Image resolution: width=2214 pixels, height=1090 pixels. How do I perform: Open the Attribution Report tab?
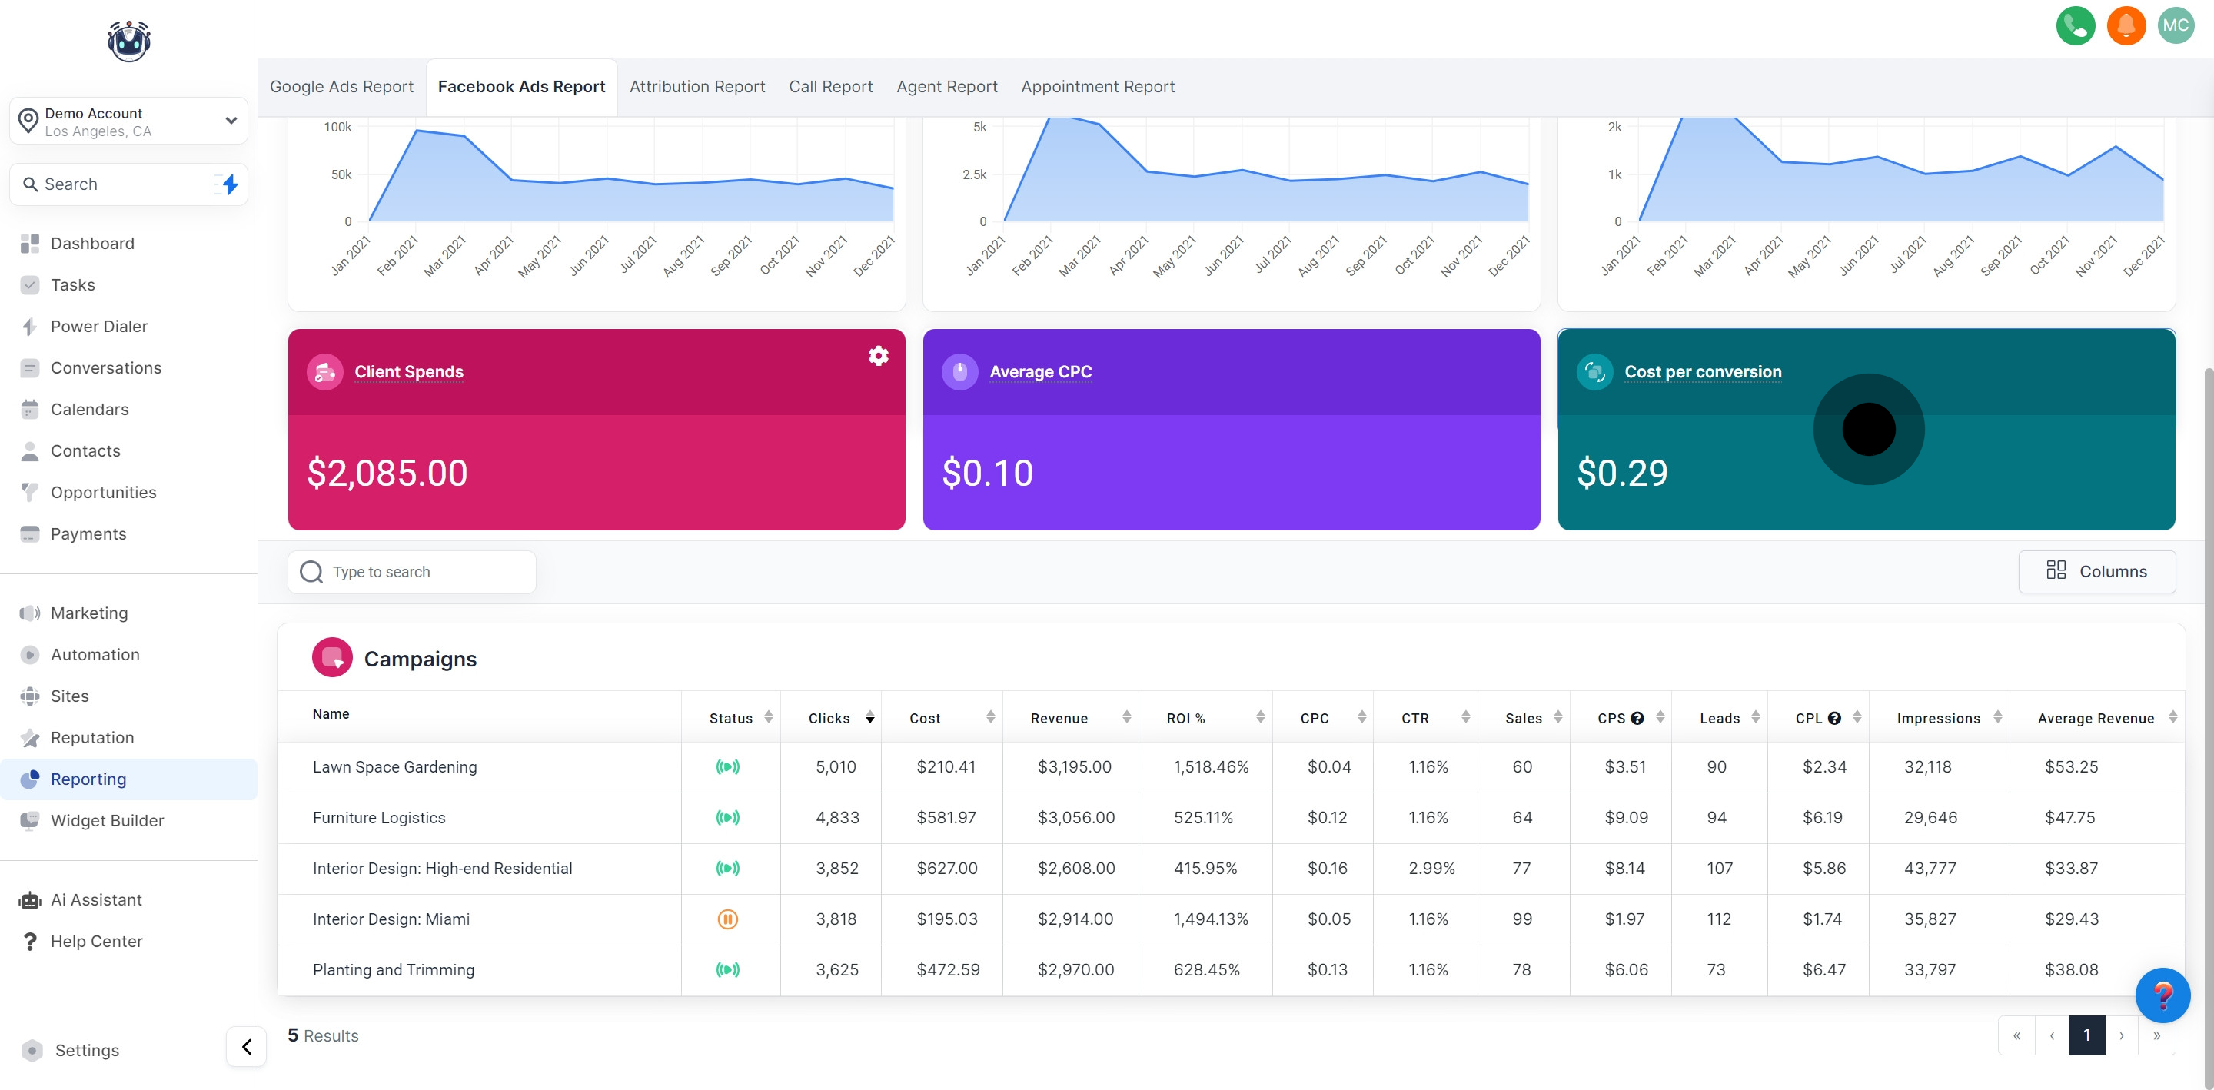(696, 87)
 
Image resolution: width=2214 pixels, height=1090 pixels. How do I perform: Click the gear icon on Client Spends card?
(877, 356)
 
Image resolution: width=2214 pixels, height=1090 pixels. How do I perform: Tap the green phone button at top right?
(2075, 26)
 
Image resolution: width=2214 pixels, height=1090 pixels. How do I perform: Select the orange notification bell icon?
(2126, 26)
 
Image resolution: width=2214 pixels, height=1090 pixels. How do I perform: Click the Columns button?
(2096, 572)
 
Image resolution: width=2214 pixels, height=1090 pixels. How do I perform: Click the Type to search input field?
(413, 572)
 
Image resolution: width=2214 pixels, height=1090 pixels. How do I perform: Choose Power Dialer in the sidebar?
(99, 327)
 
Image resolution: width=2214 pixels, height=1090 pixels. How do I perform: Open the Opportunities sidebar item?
(103, 493)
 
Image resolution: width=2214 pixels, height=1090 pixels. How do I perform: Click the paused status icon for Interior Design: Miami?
(727, 919)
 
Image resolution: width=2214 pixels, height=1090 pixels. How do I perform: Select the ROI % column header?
(1185, 719)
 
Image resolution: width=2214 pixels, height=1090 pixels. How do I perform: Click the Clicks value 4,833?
(836, 818)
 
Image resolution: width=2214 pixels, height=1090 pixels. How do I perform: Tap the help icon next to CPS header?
(1637, 719)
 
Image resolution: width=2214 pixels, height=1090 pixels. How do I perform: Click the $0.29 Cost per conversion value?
(1622, 473)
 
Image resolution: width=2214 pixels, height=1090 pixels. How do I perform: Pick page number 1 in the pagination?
(2086, 1035)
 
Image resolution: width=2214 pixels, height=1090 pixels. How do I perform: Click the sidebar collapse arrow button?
(247, 1047)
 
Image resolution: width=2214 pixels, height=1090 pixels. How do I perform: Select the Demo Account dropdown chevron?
(231, 121)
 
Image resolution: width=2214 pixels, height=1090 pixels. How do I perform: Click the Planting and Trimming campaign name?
(393, 969)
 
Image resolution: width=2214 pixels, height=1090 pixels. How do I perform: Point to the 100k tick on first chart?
(337, 128)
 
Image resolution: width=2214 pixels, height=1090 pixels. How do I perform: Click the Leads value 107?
(1719, 868)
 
